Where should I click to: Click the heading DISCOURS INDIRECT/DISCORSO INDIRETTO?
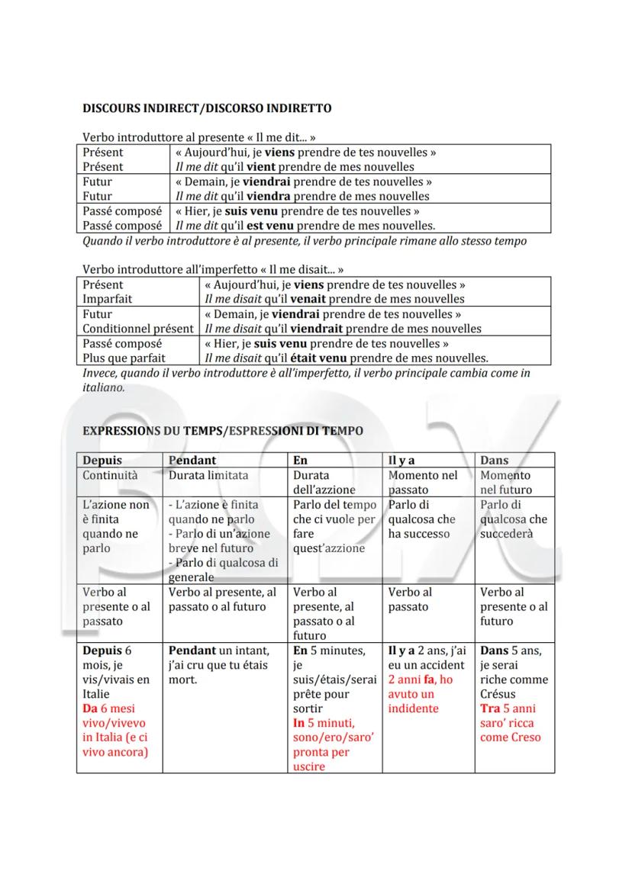click(x=206, y=109)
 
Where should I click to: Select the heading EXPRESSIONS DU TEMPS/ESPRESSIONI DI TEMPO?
click(x=222, y=431)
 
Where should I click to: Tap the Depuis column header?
click(x=102, y=460)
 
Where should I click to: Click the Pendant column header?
click(x=192, y=460)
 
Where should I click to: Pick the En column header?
click(x=301, y=460)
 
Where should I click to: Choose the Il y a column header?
click(x=402, y=460)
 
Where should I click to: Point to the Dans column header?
click(x=494, y=460)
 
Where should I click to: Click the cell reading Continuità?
click(x=110, y=475)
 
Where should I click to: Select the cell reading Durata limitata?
click(x=208, y=475)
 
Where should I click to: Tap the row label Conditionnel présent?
click(x=138, y=329)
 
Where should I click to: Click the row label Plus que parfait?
click(x=124, y=358)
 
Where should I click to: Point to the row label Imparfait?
click(x=108, y=299)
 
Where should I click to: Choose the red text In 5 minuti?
click(x=323, y=723)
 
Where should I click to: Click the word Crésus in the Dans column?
click(x=498, y=694)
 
